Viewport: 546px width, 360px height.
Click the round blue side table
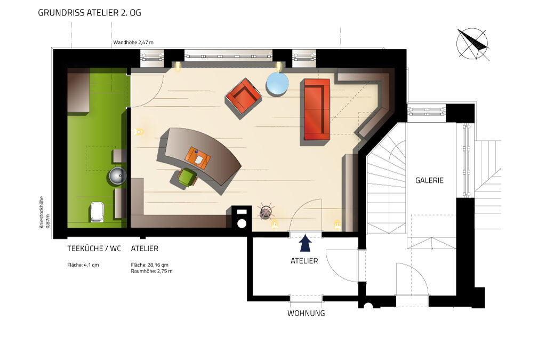coord(277,84)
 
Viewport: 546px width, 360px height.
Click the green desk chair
coord(187,177)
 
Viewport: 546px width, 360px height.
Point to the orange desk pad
coord(198,158)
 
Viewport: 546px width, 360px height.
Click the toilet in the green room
coord(97,211)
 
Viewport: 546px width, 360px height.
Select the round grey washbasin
coord(118,175)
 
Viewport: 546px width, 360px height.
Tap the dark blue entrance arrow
coord(306,243)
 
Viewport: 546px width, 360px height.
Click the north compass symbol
coord(472,44)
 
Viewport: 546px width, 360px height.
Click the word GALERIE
coord(429,180)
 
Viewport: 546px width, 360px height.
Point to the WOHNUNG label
coord(306,313)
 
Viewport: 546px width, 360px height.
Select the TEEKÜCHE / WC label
coord(94,249)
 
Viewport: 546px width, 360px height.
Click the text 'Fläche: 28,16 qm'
coord(150,265)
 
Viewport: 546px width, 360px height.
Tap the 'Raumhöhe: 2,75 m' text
coord(151,271)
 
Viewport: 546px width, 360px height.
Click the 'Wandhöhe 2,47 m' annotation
coord(133,43)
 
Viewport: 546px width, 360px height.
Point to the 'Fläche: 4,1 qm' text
coord(83,265)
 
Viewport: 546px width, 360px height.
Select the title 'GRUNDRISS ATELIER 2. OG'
coord(90,13)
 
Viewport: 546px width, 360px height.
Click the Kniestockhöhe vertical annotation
coord(44,212)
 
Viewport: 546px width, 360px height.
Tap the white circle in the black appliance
coord(242,223)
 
